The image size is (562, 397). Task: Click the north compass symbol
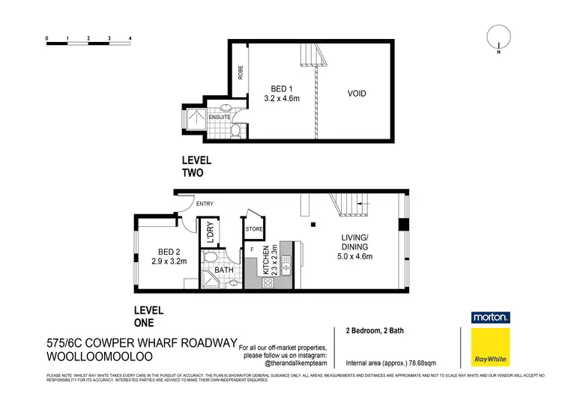coord(497,38)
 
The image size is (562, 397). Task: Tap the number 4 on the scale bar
coord(130,37)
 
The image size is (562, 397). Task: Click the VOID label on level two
coord(356,94)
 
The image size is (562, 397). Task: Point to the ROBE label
coord(241,72)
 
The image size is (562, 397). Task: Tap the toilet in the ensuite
coord(235,132)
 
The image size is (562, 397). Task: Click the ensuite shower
coord(190,126)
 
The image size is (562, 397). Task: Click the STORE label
coord(254,230)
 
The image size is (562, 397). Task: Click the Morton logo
coord(490,318)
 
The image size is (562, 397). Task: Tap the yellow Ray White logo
coord(490,348)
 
